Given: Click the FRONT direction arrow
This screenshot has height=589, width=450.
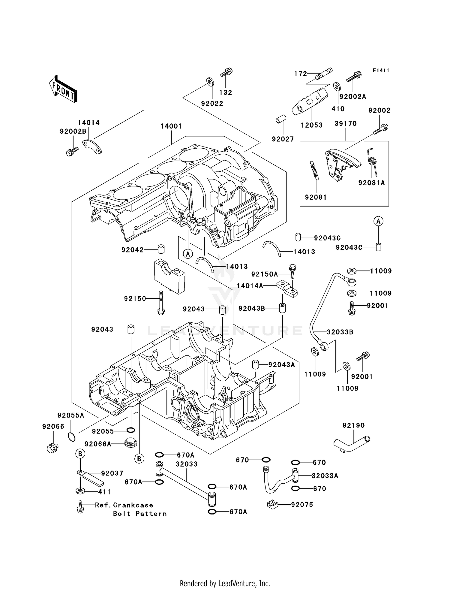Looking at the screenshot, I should (63, 89).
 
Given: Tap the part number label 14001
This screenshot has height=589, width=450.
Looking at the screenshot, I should (171, 126).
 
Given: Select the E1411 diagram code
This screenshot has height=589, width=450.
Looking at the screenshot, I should (381, 71).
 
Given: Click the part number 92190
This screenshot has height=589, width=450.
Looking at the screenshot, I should (353, 425).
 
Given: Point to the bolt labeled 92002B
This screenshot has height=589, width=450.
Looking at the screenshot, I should (72, 152).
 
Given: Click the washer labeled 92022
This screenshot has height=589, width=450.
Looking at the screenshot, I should (210, 81).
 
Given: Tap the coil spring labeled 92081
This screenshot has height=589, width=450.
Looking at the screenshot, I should (314, 170).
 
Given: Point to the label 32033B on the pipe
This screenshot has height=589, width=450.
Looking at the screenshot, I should (340, 332).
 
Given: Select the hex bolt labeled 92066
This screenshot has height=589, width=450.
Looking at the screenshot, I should (52, 448).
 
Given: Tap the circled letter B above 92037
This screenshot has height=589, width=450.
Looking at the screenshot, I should (80, 453).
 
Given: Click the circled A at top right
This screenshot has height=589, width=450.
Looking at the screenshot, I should (378, 221).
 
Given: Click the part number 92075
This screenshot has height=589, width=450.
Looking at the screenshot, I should (302, 505).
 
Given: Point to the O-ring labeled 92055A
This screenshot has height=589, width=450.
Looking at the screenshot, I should (71, 437).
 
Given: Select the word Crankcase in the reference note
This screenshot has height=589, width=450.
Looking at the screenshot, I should (133, 505).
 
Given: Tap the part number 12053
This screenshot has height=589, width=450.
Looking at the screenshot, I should (312, 125).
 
